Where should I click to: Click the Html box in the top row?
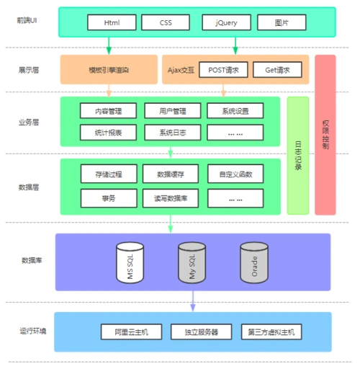point(111,23)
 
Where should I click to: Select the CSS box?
point(166,23)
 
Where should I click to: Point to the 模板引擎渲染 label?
point(109,70)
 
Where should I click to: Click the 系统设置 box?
point(235,111)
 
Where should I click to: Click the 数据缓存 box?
point(171,174)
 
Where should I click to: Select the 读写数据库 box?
point(171,197)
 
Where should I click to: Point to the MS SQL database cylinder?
point(130,262)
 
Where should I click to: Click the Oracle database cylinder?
point(254,262)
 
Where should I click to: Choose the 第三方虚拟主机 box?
point(271,332)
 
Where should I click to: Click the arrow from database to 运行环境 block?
point(193,301)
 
